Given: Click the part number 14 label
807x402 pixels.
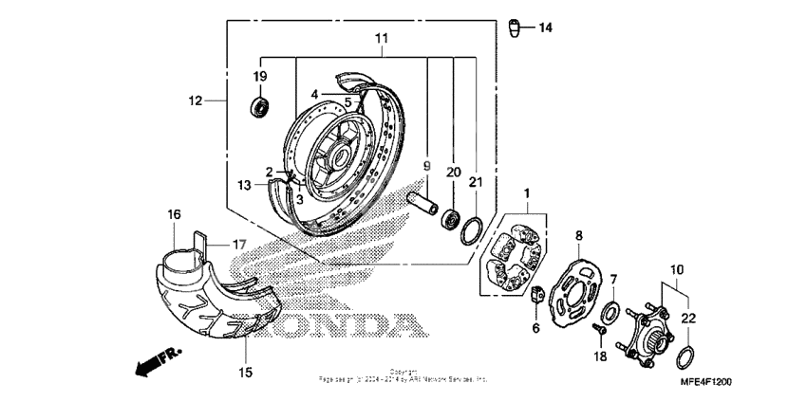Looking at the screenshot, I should coord(545,27).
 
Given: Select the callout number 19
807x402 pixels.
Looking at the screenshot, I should coord(259,76).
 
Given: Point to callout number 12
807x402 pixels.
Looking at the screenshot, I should coord(196,100).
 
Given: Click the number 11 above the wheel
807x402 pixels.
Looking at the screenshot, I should coord(382,38).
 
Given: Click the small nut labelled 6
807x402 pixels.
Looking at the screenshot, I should coord(536,295).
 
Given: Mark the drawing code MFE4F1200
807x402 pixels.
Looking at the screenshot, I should coord(705,381).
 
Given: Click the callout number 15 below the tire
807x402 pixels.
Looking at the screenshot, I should coord(245,373).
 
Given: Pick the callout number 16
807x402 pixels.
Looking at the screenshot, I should coord(174,215).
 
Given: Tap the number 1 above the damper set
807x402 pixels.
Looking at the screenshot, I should coord(525,192).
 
